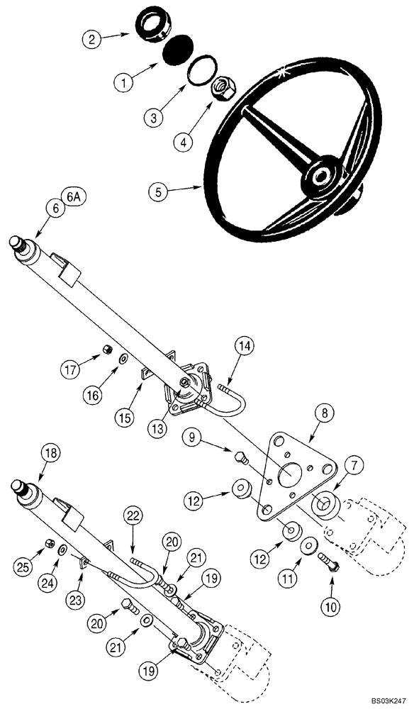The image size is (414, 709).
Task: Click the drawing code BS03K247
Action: [x=383, y=700]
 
